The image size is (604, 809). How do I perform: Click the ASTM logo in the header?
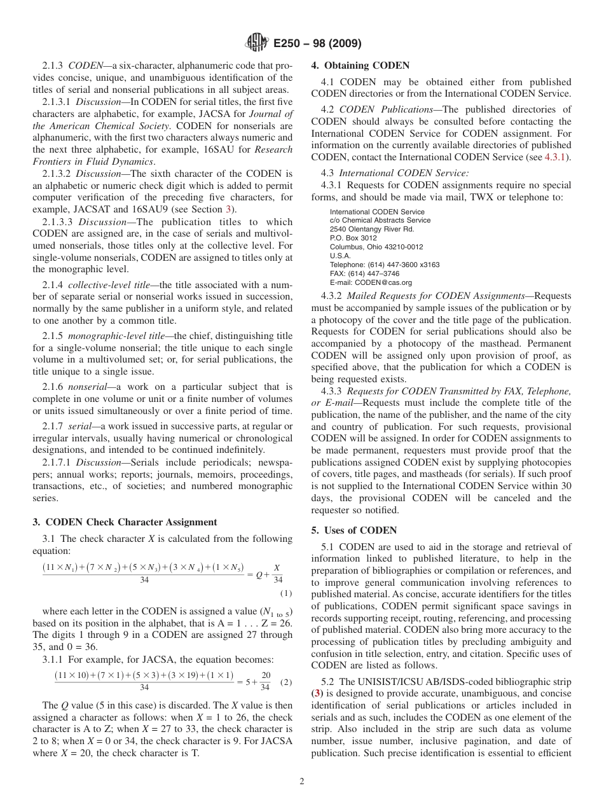[257, 43]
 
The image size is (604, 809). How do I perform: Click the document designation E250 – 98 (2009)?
[317, 44]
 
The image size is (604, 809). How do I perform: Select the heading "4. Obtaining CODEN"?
[360, 66]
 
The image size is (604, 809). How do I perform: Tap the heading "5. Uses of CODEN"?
[353, 530]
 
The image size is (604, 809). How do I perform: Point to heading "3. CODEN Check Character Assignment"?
[125, 522]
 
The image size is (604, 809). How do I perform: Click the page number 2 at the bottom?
[302, 782]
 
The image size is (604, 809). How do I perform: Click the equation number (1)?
[286, 593]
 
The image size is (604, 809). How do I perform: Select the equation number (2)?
[286, 682]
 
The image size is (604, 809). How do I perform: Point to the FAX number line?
[364, 273]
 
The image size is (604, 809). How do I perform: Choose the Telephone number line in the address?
[384, 265]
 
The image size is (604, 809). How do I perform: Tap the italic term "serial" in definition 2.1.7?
[80, 426]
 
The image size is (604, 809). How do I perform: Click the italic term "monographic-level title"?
[118, 336]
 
